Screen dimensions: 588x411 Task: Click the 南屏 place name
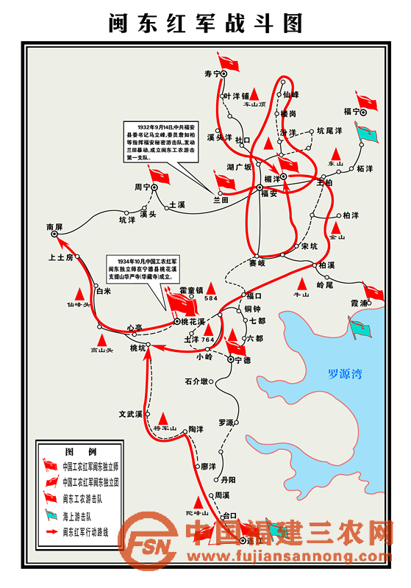pos(54,228)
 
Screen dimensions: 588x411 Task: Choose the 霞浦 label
pos(360,302)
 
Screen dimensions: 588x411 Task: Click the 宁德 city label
pos(243,360)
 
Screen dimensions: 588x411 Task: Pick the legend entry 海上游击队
pos(81,514)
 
